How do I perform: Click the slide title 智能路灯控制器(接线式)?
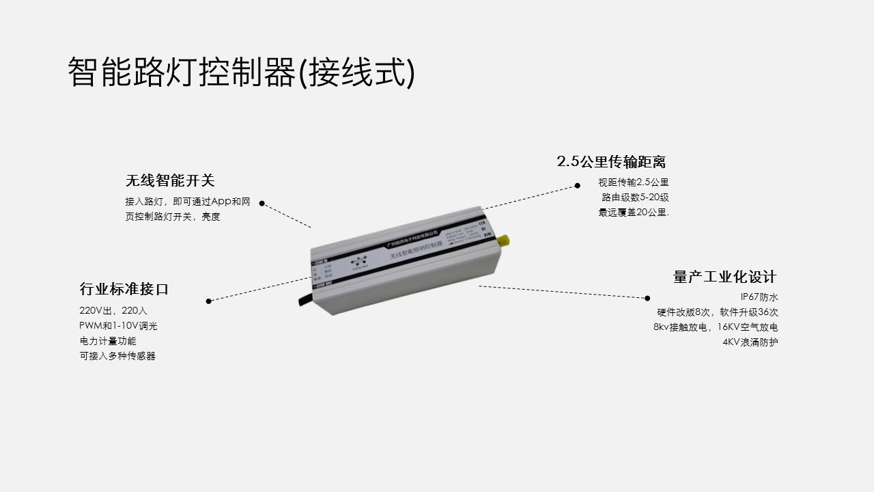coord(241,72)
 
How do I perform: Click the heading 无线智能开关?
coord(170,180)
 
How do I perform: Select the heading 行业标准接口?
coord(124,289)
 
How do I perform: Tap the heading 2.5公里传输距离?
coord(611,162)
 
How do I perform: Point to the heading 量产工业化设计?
coord(725,277)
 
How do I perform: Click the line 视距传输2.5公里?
coord(634,182)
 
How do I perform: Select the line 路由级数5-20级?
coord(635,197)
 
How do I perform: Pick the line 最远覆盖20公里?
coord(634,213)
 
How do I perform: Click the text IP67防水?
coord(759,297)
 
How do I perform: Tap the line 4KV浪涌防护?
coord(750,342)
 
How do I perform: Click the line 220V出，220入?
coord(113,311)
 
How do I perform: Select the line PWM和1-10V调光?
coord(119,326)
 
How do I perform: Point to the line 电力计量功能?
coord(108,341)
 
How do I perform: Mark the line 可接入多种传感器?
coord(117,356)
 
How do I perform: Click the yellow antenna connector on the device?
coord(505,240)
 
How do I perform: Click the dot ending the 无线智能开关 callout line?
coord(262,203)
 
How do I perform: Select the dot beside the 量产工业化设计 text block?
coord(647,298)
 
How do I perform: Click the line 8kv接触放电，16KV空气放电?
coord(716,327)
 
